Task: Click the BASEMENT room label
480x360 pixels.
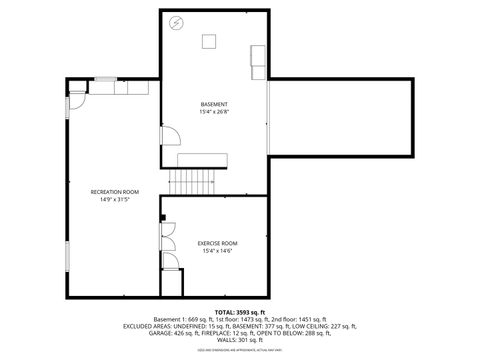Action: click(214, 104)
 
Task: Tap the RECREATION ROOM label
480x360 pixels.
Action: click(114, 191)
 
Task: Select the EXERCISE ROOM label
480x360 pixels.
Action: click(216, 243)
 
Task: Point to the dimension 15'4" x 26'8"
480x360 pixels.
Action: click(214, 112)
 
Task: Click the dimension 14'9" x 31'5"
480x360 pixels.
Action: click(114, 199)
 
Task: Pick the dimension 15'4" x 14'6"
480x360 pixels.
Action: click(216, 251)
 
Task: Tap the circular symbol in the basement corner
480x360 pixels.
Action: click(177, 22)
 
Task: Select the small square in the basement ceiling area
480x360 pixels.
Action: click(211, 40)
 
